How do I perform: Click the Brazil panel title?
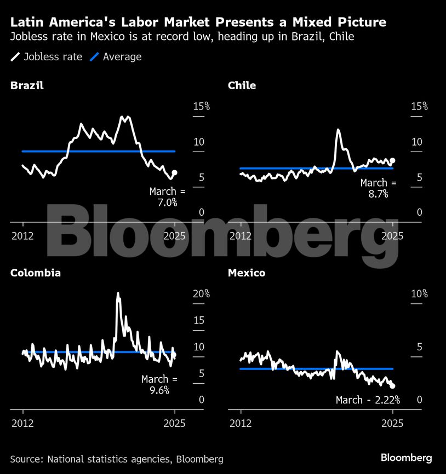(x=27, y=85)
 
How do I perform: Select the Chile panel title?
(x=242, y=85)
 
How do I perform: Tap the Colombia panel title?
(x=36, y=273)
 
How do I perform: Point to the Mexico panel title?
(x=247, y=273)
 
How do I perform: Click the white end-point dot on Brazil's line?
(x=174, y=173)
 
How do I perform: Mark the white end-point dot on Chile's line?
(x=392, y=160)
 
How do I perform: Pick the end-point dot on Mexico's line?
(x=392, y=386)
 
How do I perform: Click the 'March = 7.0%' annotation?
(x=167, y=197)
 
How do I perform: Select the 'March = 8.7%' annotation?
(x=378, y=188)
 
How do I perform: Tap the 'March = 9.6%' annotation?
(x=159, y=385)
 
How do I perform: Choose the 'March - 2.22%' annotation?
(x=368, y=400)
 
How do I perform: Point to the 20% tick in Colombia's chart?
(x=201, y=294)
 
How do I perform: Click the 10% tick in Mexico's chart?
(x=419, y=294)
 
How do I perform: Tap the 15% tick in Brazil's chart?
(x=201, y=106)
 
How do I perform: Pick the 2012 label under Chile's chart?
(x=241, y=236)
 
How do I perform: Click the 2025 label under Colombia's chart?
(x=175, y=423)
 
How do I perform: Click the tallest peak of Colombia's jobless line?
(x=118, y=294)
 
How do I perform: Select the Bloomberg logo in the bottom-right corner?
(x=406, y=458)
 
